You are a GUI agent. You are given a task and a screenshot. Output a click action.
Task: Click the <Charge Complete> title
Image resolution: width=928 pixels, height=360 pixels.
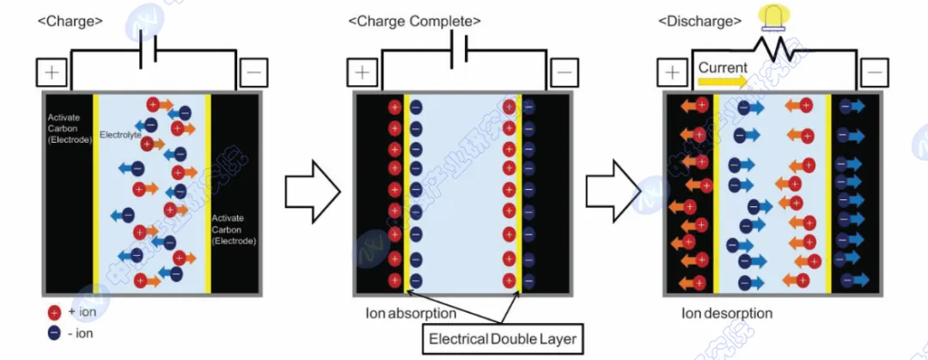click(x=414, y=20)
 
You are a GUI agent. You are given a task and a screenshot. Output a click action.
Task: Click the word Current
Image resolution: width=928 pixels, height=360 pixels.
click(x=723, y=66)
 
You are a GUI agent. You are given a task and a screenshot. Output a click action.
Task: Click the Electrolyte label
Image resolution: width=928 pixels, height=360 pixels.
click(x=121, y=136)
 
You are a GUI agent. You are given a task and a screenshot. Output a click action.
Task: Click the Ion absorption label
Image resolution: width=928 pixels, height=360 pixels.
click(x=411, y=314)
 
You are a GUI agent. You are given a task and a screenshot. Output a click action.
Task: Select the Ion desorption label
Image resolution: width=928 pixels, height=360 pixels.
click(x=727, y=314)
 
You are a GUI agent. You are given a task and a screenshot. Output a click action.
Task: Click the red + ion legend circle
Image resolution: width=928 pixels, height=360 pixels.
click(x=55, y=312)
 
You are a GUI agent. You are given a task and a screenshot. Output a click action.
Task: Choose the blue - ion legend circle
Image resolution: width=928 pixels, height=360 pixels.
click(x=55, y=333)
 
